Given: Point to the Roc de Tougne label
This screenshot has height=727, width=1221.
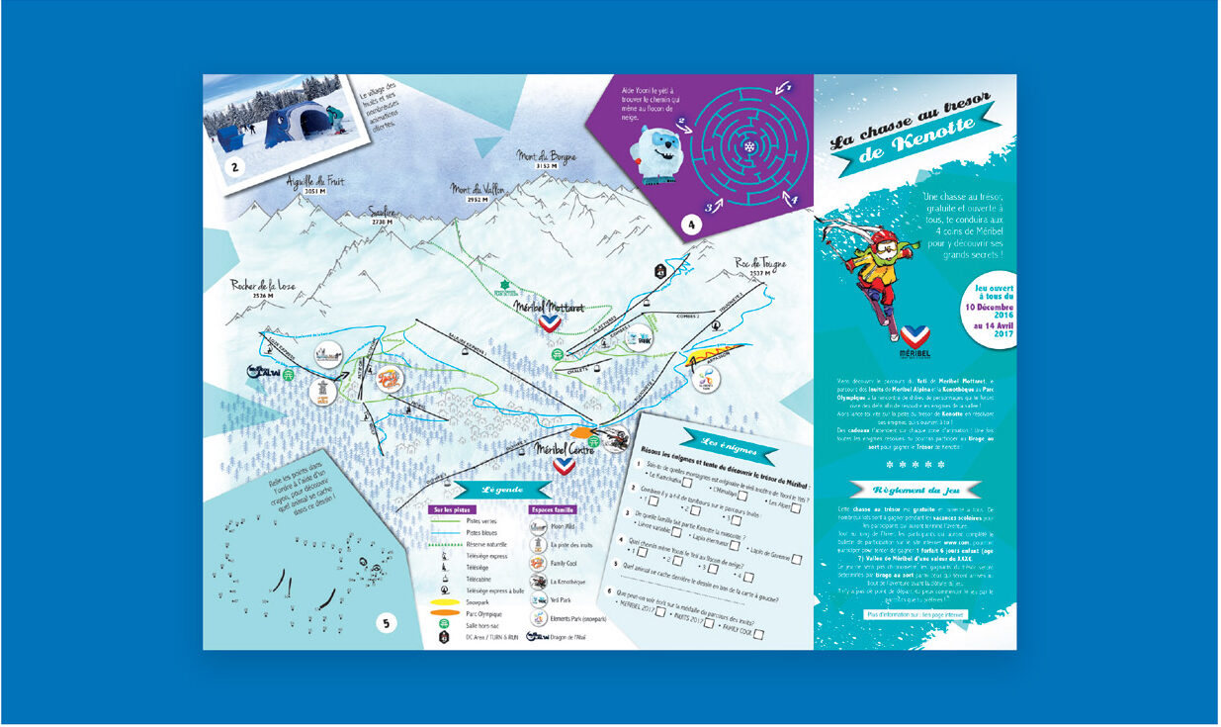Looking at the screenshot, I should pos(761,263).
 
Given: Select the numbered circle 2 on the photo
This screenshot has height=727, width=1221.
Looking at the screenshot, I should pos(234,166).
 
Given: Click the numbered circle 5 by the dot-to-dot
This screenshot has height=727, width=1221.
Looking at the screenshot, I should pos(387,623).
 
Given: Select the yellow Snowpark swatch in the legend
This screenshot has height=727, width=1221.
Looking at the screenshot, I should pos(443,600).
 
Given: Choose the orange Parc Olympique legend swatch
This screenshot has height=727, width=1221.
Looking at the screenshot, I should pos(443,612).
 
